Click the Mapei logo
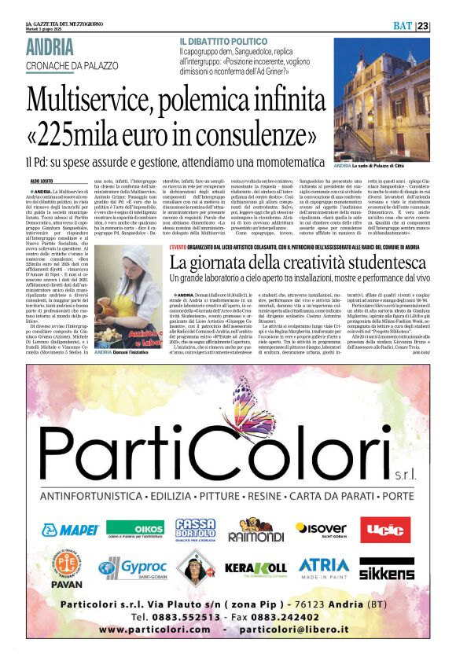click(x=70, y=529)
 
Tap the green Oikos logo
click(x=135, y=529)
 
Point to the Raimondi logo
click(x=255, y=531)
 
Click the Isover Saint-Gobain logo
click(x=322, y=529)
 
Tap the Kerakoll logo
click(x=256, y=567)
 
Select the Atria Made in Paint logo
click(x=324, y=567)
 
